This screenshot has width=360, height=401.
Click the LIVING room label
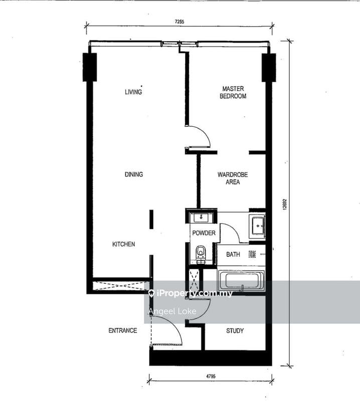coord(133,92)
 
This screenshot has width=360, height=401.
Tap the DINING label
coord(134,174)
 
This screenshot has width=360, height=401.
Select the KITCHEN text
coord(123,244)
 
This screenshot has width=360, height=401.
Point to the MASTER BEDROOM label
coord(233,92)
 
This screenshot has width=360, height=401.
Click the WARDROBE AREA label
coord(232,178)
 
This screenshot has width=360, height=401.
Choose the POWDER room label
coord(204,233)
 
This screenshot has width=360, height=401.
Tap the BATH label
coord(233,255)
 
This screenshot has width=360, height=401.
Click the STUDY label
coord(235,331)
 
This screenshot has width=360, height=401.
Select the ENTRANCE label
coord(123,331)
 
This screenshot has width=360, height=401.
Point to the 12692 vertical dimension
coord(284,204)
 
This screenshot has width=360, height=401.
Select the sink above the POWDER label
coord(202,218)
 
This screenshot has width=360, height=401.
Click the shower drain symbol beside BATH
coord(252,254)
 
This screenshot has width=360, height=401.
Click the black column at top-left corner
coord(90,67)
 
